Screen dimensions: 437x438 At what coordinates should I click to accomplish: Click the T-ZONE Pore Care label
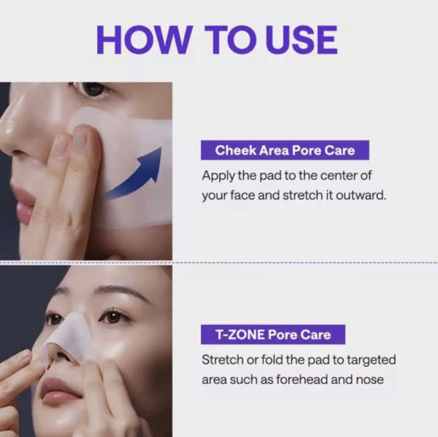[272, 335]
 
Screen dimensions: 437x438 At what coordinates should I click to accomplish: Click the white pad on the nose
[68, 335]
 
